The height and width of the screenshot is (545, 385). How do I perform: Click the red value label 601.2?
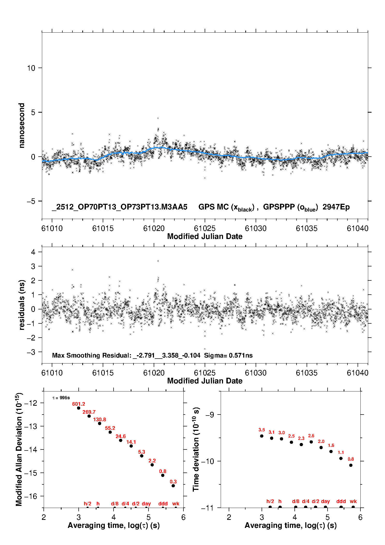78,404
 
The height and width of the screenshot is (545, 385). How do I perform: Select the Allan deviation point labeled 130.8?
100,423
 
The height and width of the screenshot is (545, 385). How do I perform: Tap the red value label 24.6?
121,437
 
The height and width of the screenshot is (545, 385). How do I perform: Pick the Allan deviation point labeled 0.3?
173,486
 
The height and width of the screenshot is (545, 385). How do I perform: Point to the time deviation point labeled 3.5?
262,436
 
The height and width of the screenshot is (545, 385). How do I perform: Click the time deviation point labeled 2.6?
311,442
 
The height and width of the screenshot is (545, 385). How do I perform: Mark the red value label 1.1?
341,452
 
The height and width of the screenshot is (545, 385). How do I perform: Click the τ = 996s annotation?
61,398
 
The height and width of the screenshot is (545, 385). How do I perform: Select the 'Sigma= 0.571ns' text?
228,355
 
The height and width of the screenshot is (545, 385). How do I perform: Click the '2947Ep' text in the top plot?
336,207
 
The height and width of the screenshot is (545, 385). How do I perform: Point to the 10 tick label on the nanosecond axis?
31,68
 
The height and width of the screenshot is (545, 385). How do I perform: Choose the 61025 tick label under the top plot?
205,228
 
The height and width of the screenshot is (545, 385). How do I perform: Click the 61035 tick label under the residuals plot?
307,373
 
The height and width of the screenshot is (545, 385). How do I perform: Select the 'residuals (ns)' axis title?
22,305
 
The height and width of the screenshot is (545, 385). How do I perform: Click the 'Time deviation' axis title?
196,449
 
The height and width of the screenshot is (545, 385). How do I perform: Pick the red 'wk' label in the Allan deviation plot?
176,504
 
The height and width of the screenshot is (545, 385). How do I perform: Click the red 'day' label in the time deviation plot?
325,501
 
